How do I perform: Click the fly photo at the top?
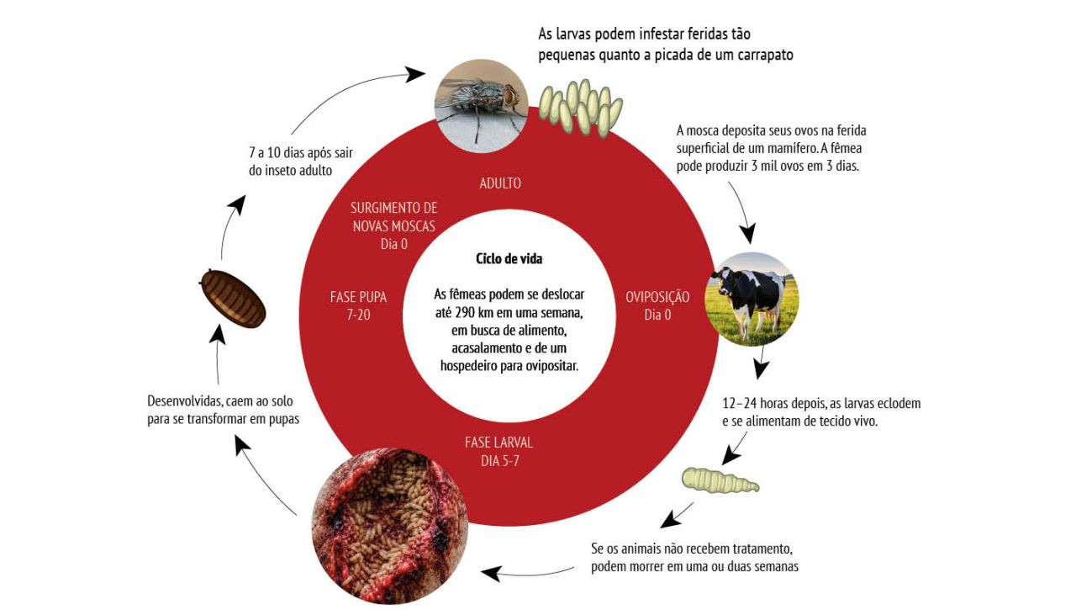tap(480, 104)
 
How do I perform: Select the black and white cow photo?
tap(753, 297)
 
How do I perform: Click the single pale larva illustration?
tap(719, 480)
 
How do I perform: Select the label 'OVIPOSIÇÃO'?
tap(657, 297)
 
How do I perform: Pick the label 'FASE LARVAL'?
tap(498, 443)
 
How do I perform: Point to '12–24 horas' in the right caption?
tap(753, 403)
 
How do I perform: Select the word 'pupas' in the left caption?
tap(282, 418)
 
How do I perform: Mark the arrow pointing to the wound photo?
tap(521, 574)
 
